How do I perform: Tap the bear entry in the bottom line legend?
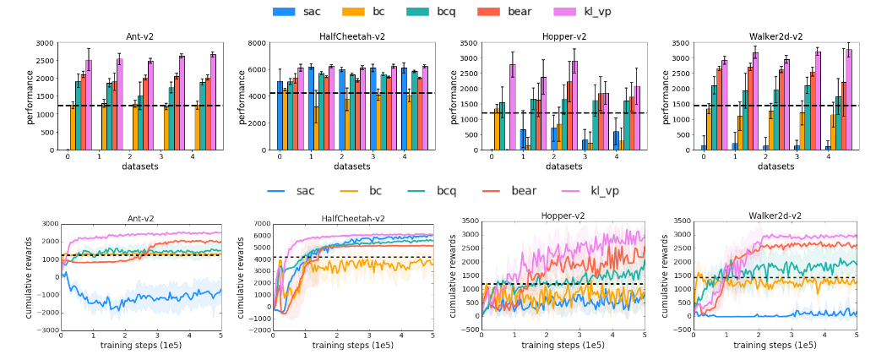pos(523,191)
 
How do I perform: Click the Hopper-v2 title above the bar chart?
pos(563,36)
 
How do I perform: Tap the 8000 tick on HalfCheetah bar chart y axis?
pos(263,42)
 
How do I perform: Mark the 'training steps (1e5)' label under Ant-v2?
pos(141,346)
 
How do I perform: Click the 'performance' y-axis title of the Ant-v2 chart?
pos(30,96)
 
